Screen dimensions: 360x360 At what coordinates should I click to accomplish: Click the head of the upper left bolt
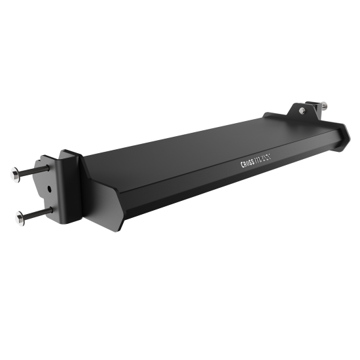pyautogui.click(x=15, y=174)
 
